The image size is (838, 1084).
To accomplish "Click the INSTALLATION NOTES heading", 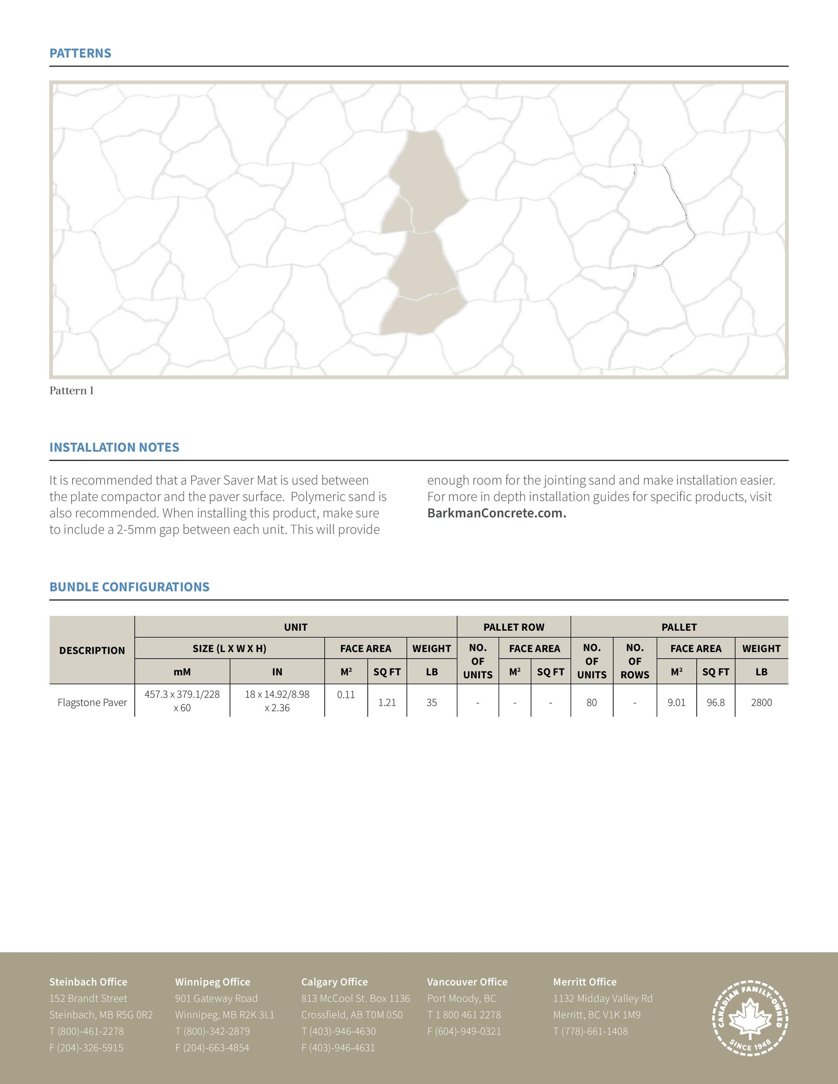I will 114,447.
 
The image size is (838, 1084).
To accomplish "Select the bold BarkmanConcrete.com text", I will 497,513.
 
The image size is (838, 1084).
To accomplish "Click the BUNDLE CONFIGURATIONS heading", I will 129,587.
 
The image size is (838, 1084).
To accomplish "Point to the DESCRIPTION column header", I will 92,650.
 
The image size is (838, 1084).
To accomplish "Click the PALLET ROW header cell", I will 514,627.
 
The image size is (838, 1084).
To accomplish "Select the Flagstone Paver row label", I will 92,702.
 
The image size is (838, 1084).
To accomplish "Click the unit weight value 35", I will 431,702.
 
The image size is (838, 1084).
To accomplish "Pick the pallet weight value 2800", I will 761,702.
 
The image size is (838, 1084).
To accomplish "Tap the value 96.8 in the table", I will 715,702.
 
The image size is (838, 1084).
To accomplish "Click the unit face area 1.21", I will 387,702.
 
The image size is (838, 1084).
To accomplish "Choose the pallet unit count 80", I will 591,702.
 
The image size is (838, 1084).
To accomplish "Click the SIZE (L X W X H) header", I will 230,648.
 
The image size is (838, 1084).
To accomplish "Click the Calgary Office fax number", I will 338,1047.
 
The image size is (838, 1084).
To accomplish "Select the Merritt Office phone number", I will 590,1031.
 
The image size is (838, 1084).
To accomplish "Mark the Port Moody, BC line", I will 461,998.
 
